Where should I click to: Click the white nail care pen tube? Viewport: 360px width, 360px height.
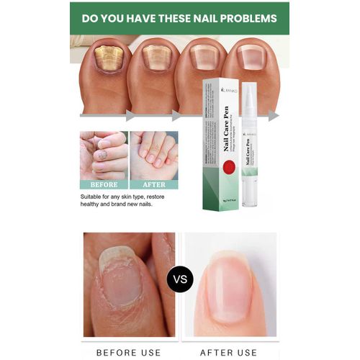(x=250, y=144)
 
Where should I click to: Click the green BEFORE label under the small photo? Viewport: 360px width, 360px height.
(x=104, y=184)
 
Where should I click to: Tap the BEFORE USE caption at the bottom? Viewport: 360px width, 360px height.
(x=130, y=351)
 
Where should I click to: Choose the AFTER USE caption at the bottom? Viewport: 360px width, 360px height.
(x=229, y=351)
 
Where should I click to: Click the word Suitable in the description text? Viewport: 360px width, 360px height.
(x=94, y=196)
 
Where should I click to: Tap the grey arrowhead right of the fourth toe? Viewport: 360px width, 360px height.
(x=274, y=115)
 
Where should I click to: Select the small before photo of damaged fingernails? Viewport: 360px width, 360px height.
(x=104, y=155)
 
